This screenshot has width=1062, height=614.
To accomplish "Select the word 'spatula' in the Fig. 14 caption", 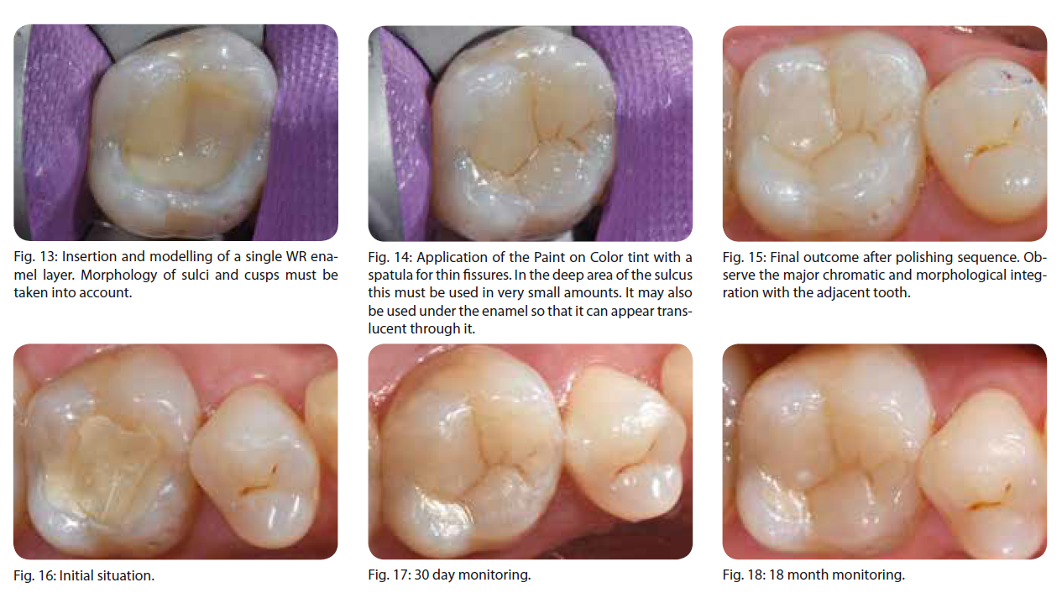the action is pyautogui.click(x=388, y=276).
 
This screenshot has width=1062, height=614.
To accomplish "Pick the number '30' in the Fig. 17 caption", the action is pyautogui.click(x=421, y=575).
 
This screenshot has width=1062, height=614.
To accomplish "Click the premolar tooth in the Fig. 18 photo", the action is pyautogui.click(x=981, y=475).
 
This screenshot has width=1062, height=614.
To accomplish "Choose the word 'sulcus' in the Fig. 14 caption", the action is pyautogui.click(x=675, y=276).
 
